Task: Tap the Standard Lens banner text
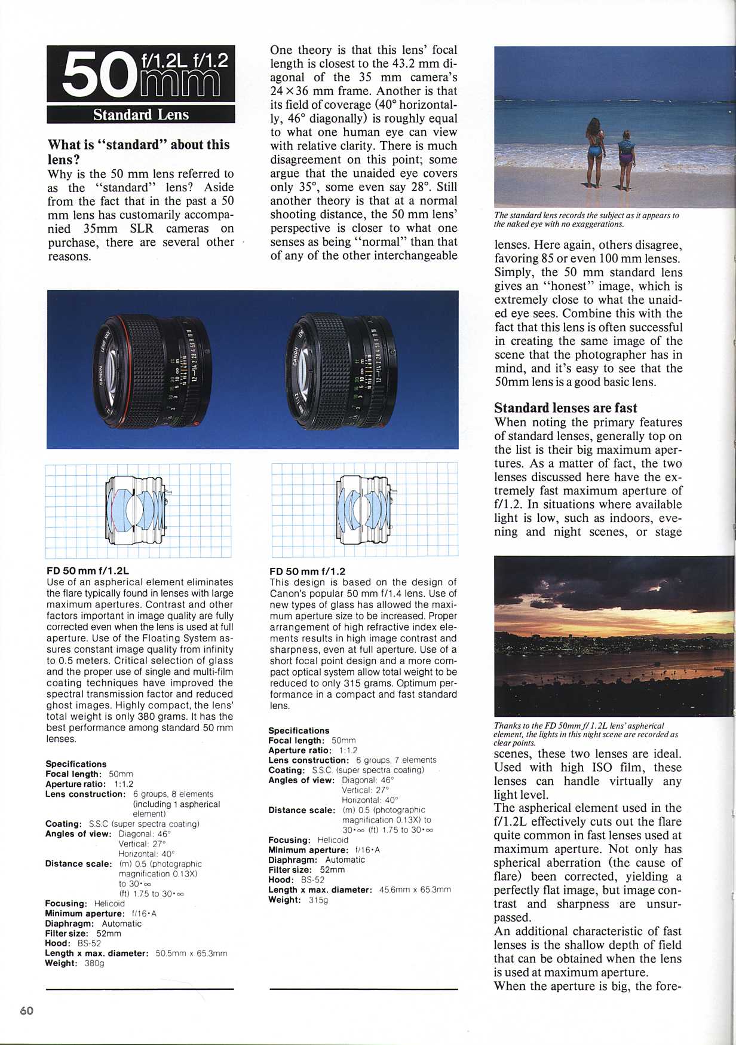(140, 115)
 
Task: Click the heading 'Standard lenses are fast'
(565, 408)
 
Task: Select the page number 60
(27, 1010)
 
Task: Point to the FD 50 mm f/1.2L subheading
(87, 571)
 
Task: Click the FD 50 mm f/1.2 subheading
(307, 571)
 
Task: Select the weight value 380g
(94, 963)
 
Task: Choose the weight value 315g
(318, 900)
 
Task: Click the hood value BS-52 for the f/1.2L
(89, 943)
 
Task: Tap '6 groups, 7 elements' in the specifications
(396, 760)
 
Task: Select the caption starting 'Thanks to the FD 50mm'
(585, 734)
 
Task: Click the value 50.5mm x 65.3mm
(191, 953)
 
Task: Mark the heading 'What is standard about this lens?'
(138, 152)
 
